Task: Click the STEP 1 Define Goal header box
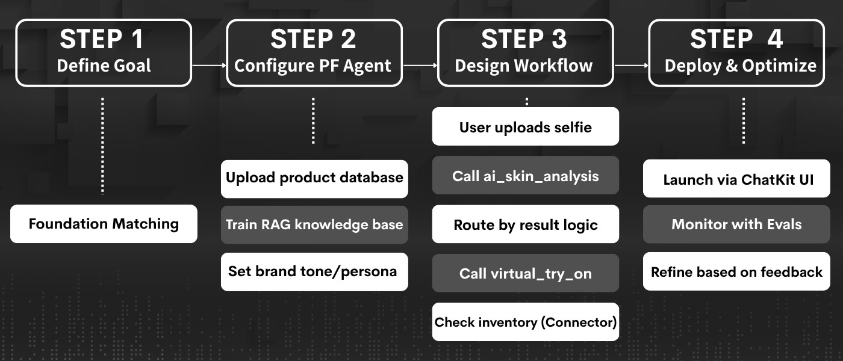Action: (x=104, y=53)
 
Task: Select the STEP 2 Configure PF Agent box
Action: (x=314, y=53)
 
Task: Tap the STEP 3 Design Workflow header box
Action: (x=525, y=53)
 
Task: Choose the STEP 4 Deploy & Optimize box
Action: (x=736, y=53)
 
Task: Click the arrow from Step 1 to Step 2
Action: (x=209, y=65)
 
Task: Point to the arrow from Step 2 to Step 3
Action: (x=420, y=65)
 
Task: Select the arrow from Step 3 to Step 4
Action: (x=631, y=65)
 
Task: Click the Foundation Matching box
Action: (x=104, y=224)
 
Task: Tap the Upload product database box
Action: (x=314, y=179)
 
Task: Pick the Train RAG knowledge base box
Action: (x=314, y=225)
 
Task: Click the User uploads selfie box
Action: (x=525, y=126)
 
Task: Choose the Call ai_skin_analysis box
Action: (x=525, y=175)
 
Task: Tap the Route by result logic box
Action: (x=525, y=224)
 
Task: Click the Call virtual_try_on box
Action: (x=525, y=273)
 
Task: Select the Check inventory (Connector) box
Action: (x=525, y=322)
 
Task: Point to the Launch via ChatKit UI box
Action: (x=736, y=179)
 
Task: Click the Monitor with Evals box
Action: (x=736, y=225)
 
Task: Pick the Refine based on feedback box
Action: (x=736, y=272)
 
